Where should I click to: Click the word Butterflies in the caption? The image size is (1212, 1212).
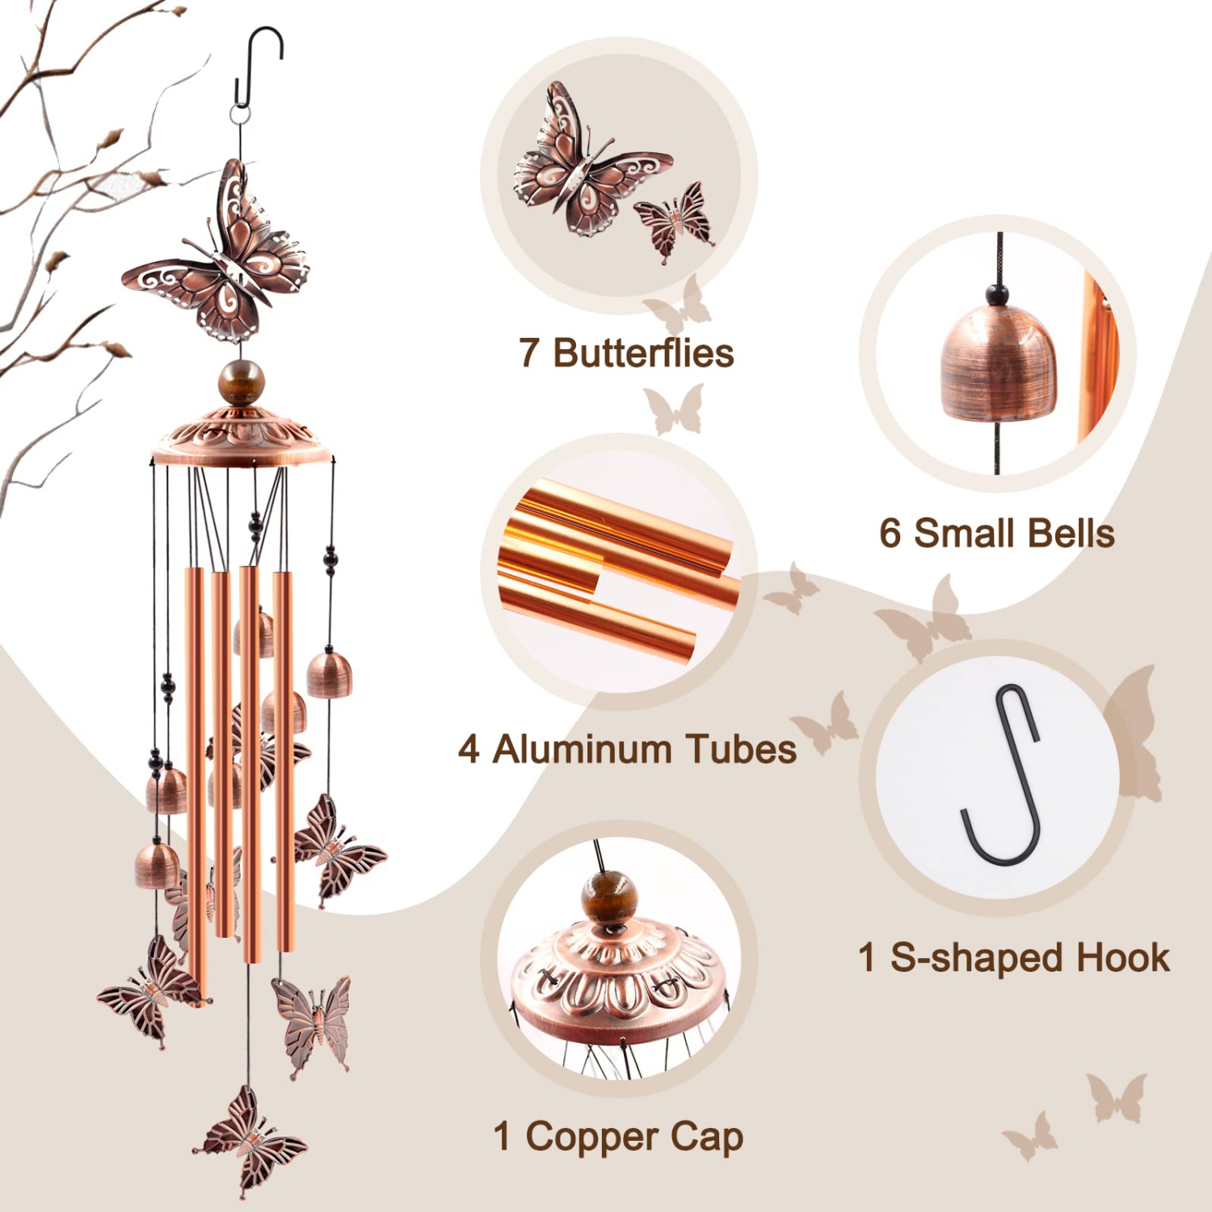pos(643,353)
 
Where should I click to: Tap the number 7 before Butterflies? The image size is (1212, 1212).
pos(528,353)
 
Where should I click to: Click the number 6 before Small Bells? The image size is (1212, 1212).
pos(890,534)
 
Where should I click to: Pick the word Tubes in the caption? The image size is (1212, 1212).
pos(730,749)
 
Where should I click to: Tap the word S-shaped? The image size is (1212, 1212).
pos(976,958)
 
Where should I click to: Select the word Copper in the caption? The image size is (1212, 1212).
pos(591,1136)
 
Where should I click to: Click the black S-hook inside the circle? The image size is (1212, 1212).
pos(1003,776)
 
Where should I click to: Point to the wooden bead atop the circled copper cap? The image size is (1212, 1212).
pos(609,897)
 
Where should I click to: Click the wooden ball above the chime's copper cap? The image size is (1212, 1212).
pos(242,382)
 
